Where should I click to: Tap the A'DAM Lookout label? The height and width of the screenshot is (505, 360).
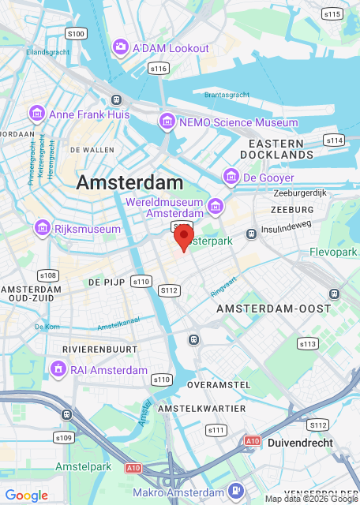pyautogui.click(x=171, y=48)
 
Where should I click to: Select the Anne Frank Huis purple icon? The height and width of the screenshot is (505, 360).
pyautogui.click(x=36, y=114)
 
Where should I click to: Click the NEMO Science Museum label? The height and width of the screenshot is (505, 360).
pyautogui.click(x=238, y=122)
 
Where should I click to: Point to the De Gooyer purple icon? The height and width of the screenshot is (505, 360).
pyautogui.click(x=231, y=178)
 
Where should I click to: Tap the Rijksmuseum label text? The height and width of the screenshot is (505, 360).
pyautogui.click(x=88, y=229)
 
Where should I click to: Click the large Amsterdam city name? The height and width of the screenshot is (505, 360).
pyautogui.click(x=130, y=182)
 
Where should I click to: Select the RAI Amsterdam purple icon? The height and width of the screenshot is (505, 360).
pyautogui.click(x=58, y=369)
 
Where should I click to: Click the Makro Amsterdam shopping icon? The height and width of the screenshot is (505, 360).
pyautogui.click(x=234, y=492)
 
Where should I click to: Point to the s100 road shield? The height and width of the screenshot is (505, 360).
pyautogui.click(x=76, y=33)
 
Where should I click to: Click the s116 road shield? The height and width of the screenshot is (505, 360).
pyautogui.click(x=159, y=69)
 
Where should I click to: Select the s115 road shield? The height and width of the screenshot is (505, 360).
pyautogui.click(x=332, y=13)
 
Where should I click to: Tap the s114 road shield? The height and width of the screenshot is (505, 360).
pyautogui.click(x=334, y=140)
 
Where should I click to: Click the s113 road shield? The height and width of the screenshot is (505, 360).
pyautogui.click(x=308, y=343)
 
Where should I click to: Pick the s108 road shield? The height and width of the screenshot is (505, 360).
pyautogui.click(x=48, y=275)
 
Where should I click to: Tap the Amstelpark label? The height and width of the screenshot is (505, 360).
pyautogui.click(x=83, y=467)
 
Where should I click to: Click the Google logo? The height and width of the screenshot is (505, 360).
pyautogui.click(x=26, y=496)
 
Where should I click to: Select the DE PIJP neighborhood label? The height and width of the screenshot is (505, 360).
pyautogui.click(x=103, y=281)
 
